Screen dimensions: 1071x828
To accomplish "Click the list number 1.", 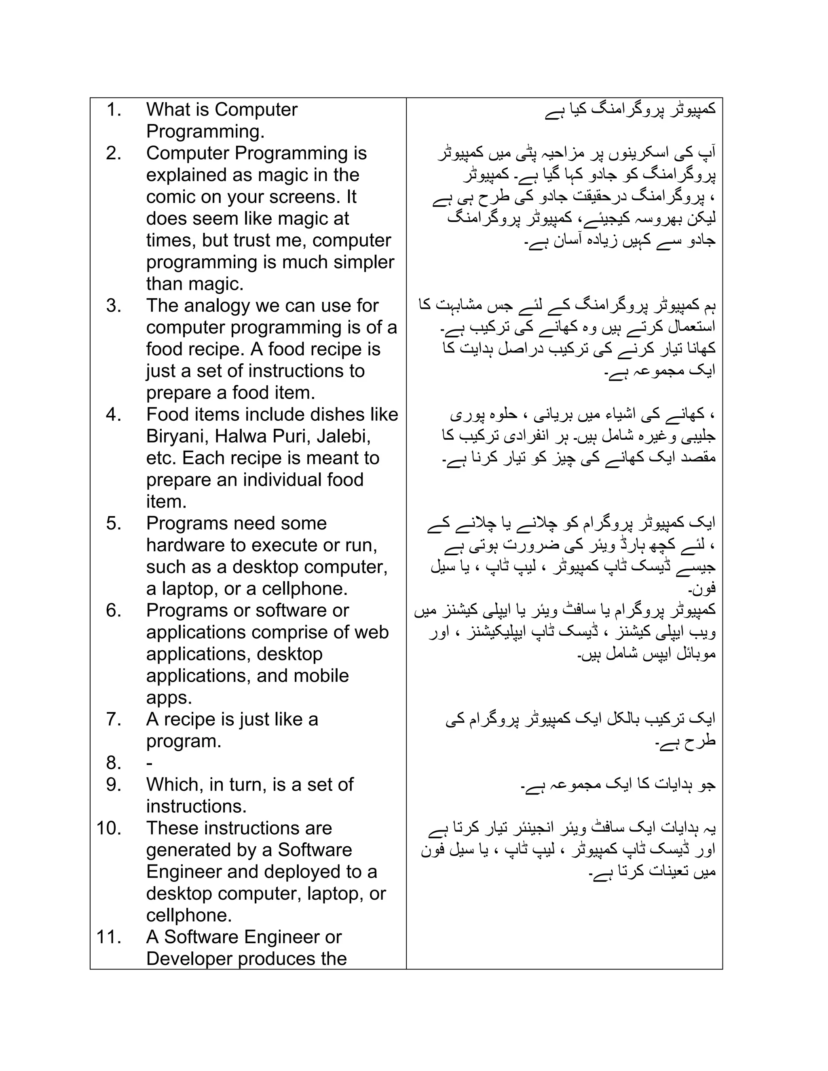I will pos(114,110).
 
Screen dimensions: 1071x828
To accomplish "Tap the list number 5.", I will pos(114,524).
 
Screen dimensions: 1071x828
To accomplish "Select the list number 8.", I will pos(114,763).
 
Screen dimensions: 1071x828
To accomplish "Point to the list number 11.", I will pos(109,937).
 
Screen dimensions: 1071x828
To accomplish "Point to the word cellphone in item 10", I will pos(188,915).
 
